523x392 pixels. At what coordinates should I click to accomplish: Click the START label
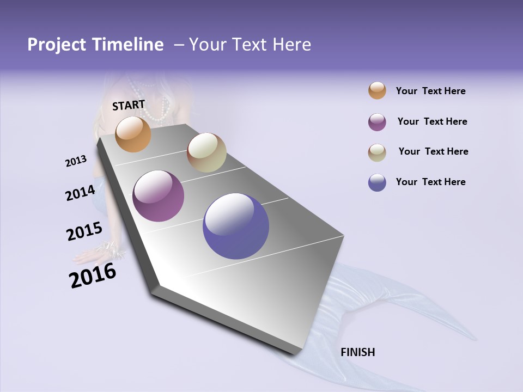(129, 105)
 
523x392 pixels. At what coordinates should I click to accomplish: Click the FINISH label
(358, 352)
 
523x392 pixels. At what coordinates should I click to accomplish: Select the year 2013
(76, 161)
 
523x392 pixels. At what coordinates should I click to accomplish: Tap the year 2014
(80, 193)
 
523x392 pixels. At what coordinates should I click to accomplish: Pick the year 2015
(84, 231)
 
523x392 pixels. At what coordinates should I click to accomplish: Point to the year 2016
(93, 275)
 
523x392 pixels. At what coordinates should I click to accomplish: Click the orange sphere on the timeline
(133, 134)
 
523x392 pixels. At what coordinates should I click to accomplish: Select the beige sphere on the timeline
(206, 152)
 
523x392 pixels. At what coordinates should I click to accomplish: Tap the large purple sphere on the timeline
(159, 196)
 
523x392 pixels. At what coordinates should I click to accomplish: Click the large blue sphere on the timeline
(236, 226)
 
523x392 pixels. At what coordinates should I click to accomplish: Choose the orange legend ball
(377, 91)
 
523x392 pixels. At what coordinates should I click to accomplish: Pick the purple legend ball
(377, 122)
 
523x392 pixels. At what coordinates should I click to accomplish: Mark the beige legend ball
(377, 152)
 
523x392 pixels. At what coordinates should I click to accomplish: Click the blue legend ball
(377, 182)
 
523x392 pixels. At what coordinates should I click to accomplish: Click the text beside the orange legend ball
(430, 91)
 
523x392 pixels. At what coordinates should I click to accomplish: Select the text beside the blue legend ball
(430, 182)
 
